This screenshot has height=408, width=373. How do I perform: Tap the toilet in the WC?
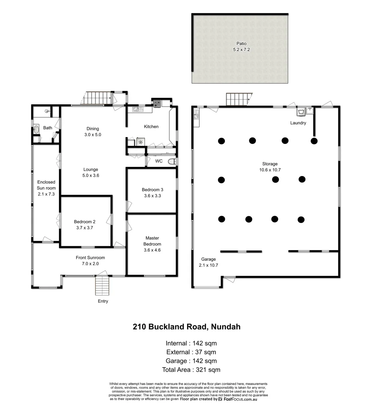click(x=172, y=161)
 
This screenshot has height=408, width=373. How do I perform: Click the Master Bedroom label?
click(x=152, y=241)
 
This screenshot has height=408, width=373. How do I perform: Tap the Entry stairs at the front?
click(x=102, y=286)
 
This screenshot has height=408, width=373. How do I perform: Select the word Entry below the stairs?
click(x=103, y=301)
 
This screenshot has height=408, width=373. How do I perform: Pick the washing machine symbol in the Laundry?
click(x=301, y=112)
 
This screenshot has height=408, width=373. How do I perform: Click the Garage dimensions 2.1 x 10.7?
click(x=208, y=265)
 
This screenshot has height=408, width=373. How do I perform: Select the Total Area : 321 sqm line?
click(x=191, y=370)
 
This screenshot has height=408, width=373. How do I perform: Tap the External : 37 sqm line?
click(x=191, y=352)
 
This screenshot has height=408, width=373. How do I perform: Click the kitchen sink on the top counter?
click(x=136, y=110)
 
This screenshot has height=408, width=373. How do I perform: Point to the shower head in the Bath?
click(x=46, y=111)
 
